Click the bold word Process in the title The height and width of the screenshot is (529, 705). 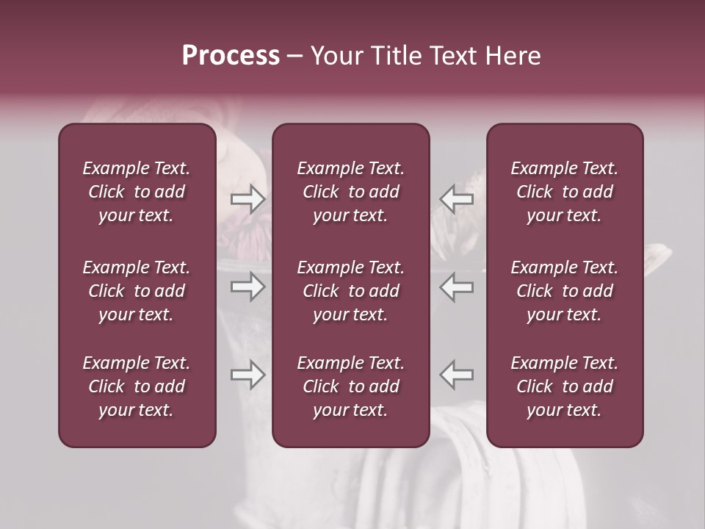point(231,56)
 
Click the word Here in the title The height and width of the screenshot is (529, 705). point(514,56)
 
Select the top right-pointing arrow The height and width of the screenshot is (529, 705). point(248,199)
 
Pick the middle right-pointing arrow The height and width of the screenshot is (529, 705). point(248,287)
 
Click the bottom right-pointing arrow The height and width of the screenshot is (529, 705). point(248,375)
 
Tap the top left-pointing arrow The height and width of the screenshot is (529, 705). point(457,199)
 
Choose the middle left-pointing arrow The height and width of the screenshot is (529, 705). point(457,287)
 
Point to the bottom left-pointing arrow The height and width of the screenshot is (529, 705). point(457,375)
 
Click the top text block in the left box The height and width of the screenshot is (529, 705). point(137,192)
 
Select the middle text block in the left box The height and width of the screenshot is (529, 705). point(137,291)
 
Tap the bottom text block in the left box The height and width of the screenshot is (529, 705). point(137,386)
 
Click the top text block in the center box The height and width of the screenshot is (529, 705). point(350,192)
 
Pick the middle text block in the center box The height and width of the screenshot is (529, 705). point(350,291)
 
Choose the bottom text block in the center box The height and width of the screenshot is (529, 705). point(350,386)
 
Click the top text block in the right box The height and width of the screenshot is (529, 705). point(564,192)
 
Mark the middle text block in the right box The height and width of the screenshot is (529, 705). point(564,291)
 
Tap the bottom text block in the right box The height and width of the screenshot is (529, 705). point(564,386)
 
